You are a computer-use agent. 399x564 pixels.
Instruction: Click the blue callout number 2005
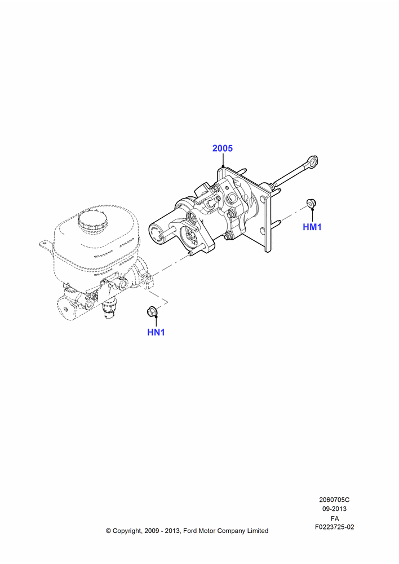click(x=223, y=148)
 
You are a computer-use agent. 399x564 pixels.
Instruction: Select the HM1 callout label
click(x=312, y=227)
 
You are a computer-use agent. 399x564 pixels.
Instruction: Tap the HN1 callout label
click(x=156, y=332)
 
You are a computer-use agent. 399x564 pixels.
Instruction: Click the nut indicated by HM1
click(x=311, y=203)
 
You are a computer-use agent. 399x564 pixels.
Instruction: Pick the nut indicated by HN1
click(x=152, y=311)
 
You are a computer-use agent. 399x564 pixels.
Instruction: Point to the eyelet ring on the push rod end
click(x=313, y=161)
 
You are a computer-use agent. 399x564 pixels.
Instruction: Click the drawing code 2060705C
click(x=334, y=500)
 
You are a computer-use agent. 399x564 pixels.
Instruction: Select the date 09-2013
click(x=334, y=509)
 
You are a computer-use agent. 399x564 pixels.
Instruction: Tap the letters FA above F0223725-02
click(x=335, y=518)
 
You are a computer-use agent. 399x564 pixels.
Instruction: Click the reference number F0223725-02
click(x=335, y=527)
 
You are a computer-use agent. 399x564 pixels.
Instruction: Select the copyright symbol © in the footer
click(x=108, y=531)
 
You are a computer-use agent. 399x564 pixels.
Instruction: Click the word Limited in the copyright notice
click(x=258, y=531)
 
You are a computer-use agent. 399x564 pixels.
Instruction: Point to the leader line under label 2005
click(x=223, y=160)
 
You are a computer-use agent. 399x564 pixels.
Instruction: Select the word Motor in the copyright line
click(x=208, y=531)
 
